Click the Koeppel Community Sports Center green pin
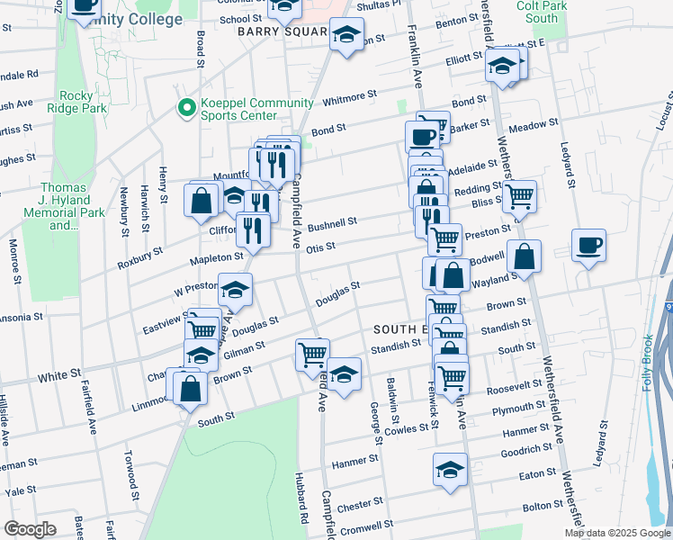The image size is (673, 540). point(187,109)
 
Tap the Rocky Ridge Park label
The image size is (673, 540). point(84,102)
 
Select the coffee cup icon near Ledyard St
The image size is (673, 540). point(588,245)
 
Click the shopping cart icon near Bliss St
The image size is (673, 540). point(519,195)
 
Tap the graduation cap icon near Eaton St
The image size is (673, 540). point(450,469)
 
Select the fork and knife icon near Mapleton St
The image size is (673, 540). point(254,229)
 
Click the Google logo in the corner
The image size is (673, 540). point(30,529)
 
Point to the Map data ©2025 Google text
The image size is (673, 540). point(617,533)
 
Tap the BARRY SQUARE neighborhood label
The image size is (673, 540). point(281,31)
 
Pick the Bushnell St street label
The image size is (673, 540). point(333,222)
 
